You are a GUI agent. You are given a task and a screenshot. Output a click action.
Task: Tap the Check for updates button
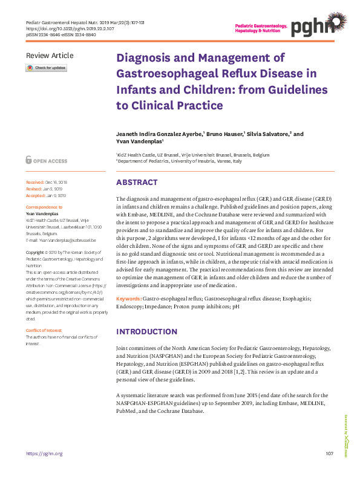click(x=46, y=68)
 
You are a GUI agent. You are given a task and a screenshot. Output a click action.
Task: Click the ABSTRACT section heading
click(x=137, y=183)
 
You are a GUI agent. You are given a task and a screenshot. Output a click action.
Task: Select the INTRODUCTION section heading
click(x=146, y=332)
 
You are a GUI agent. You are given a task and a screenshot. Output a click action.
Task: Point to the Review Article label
click(x=50, y=56)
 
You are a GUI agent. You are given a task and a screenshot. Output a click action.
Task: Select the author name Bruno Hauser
click(x=226, y=134)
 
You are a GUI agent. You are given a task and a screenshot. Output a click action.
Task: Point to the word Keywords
click(x=128, y=299)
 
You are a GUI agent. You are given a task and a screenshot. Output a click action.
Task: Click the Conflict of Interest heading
click(x=44, y=330)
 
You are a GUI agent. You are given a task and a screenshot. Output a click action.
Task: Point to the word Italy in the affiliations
click(x=237, y=162)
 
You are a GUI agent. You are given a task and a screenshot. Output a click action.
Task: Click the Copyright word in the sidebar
click(x=36, y=251)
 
